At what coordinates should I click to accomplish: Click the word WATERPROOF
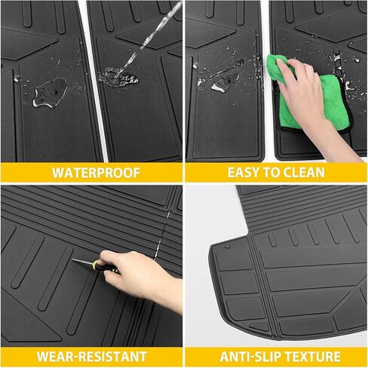96,173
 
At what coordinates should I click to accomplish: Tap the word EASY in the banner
244,173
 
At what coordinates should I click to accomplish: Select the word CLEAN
304,173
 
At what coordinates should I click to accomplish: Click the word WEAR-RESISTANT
91,357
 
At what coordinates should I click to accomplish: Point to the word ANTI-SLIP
250,357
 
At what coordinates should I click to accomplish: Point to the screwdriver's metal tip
73,260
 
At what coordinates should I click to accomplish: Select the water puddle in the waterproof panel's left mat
50,93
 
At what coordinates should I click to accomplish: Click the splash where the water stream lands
118,77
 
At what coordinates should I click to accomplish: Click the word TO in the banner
271,173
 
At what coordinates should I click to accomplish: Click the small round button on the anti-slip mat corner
228,246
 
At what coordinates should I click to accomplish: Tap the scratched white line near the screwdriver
162,235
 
